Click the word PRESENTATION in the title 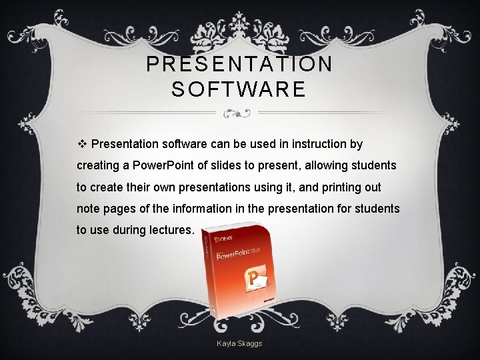click(x=239, y=65)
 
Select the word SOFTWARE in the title click(x=239, y=89)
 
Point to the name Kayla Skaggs click(x=239, y=343)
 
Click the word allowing click(x=323, y=165)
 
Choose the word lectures click(x=172, y=231)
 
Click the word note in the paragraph click(x=88, y=209)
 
